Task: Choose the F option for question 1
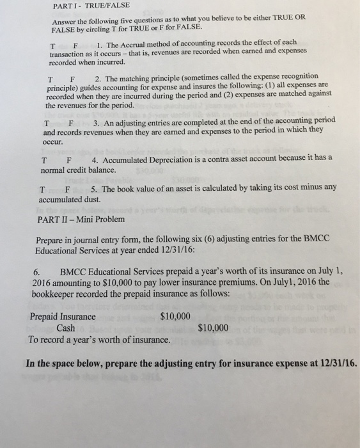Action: pyautogui.click(x=75, y=45)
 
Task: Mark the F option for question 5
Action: pyautogui.click(x=67, y=189)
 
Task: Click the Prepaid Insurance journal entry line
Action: pyautogui.click(x=63, y=316)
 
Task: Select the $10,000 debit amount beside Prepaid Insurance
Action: pyautogui.click(x=175, y=316)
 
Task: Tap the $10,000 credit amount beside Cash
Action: pyautogui.click(x=213, y=328)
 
